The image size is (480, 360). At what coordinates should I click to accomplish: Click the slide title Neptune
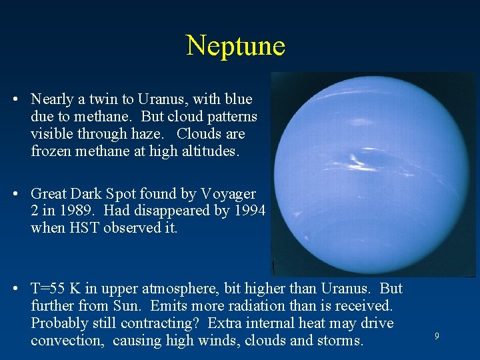(235, 45)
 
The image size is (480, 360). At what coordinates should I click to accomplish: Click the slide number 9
(437, 337)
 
